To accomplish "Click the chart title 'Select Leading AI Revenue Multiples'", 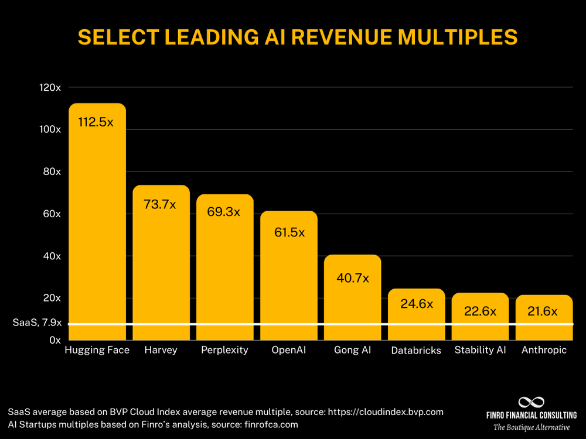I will coord(298,37).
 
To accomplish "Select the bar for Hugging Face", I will coord(97,234).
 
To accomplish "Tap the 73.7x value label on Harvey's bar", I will coord(161,204).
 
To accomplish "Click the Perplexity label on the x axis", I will coord(224,350).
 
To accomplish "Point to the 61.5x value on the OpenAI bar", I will coord(289,232).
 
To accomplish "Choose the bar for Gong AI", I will coord(352,304).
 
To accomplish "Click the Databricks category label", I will coord(416,351).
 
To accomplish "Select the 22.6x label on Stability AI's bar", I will coord(480,311).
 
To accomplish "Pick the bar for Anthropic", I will coord(544,319).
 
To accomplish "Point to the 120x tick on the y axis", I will coord(50,87).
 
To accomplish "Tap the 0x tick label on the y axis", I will coord(55,340).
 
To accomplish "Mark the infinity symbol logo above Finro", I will coord(532,402).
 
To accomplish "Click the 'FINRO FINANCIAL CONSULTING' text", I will coord(532,416).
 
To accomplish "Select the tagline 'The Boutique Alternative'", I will coord(532,427).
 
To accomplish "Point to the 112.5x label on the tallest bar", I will coord(96,123).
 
